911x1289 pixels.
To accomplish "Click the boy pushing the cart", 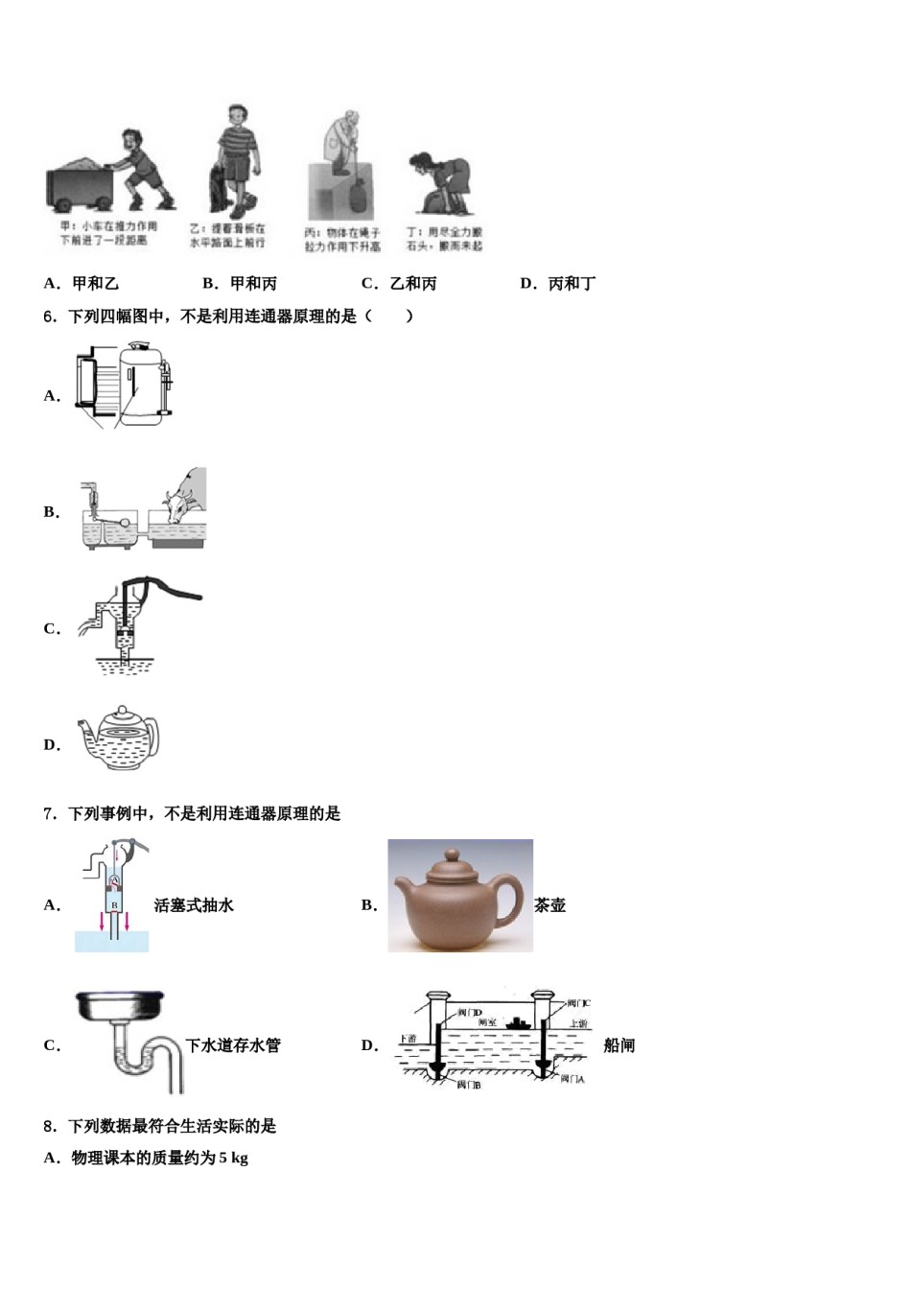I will [x=144, y=169].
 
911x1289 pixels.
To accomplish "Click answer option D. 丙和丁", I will [x=557, y=283].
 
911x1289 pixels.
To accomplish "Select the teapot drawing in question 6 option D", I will [x=119, y=739].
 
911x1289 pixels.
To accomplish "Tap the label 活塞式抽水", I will [x=194, y=904].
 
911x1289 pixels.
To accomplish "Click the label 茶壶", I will [x=550, y=904].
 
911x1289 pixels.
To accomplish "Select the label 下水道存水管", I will [x=233, y=1045].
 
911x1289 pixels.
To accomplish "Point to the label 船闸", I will [x=619, y=1045].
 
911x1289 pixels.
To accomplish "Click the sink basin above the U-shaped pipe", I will [x=120, y=1006].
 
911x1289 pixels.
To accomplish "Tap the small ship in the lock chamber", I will [x=519, y=1022].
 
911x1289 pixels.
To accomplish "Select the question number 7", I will [x=49, y=813].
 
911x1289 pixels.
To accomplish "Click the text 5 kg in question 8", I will [x=233, y=1158].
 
